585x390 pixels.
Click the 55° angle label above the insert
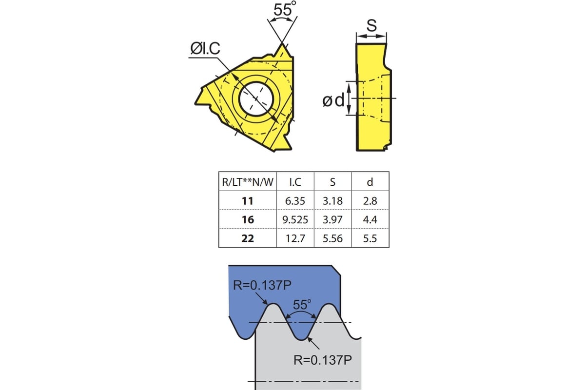click(x=285, y=10)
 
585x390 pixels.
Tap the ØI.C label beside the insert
click(x=205, y=48)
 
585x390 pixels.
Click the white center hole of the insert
click(x=256, y=99)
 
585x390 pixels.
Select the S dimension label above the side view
click(x=371, y=26)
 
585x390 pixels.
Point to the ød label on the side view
click(x=333, y=100)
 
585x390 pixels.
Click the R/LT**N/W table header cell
click(x=248, y=182)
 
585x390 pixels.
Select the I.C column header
click(x=295, y=182)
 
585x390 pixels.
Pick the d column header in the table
click(x=370, y=182)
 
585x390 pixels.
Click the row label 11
click(x=247, y=201)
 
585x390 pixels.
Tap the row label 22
click(x=248, y=238)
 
